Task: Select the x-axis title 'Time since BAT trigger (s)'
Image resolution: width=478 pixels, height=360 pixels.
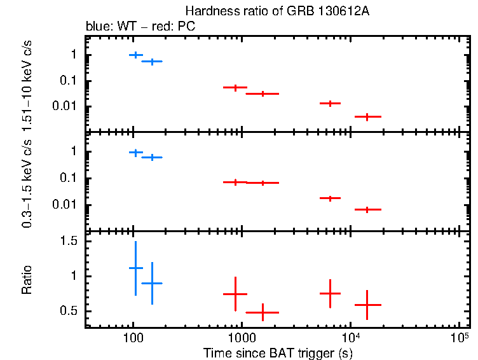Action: click(278, 353)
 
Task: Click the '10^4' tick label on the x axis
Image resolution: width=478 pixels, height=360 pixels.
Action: click(351, 336)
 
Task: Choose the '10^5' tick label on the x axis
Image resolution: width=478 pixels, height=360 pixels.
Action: click(459, 336)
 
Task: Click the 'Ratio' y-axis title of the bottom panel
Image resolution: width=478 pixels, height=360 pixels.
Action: click(27, 279)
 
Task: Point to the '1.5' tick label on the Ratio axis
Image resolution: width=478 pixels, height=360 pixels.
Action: click(69, 242)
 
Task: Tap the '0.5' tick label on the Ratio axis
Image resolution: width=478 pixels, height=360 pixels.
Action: click(69, 311)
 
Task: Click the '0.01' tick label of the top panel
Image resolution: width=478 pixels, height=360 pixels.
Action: click(64, 106)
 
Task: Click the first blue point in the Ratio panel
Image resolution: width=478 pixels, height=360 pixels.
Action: click(135, 268)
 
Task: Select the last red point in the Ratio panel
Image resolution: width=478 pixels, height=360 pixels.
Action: click(367, 305)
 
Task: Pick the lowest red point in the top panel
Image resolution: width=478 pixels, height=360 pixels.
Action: click(367, 116)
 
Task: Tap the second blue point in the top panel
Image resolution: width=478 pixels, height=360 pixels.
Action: click(152, 61)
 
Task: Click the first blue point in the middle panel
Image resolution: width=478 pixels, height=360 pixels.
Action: click(135, 153)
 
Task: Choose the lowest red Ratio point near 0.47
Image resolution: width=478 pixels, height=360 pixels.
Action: click(263, 312)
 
